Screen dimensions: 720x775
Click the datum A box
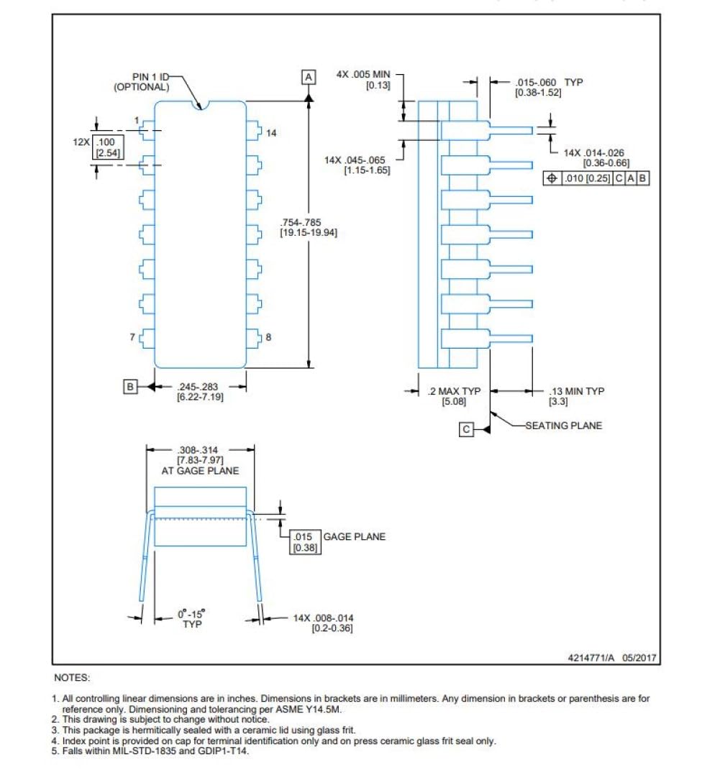309,77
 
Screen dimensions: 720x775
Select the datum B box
130,387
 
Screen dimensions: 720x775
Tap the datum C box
466,429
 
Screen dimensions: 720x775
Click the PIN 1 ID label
150,77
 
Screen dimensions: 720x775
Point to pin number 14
271,133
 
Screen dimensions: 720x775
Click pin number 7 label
132,337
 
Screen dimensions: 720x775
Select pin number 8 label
268,337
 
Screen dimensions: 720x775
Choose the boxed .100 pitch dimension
107,147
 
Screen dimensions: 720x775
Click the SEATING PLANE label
564,426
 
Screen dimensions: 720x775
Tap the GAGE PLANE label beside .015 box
354,536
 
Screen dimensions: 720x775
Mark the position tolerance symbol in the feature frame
552,178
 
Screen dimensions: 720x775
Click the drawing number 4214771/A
591,657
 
